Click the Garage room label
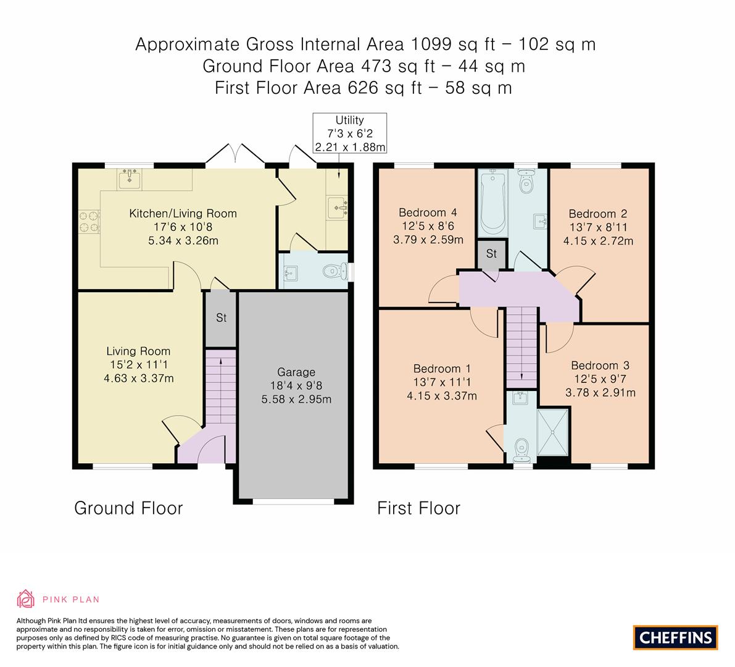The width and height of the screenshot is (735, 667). (296, 372)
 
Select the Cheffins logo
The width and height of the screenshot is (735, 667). (676, 637)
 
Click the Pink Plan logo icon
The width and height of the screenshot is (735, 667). (26, 598)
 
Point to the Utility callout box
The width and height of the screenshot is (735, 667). (349, 133)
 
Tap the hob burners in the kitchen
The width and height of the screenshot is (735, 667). (87, 222)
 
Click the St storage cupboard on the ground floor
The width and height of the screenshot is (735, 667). (221, 319)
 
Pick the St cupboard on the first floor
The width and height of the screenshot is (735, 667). (491, 254)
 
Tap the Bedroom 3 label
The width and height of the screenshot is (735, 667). (600, 366)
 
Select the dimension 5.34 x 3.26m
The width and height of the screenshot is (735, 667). (183, 241)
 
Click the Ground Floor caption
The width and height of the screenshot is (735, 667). (128, 508)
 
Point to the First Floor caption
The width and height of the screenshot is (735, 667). (418, 508)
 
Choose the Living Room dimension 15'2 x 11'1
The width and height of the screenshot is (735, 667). (138, 364)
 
